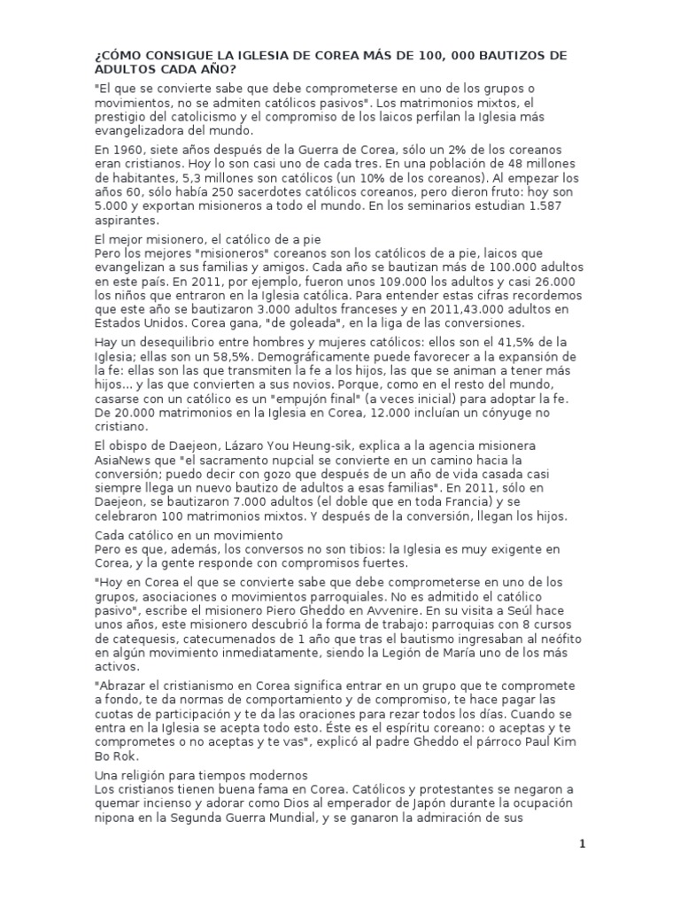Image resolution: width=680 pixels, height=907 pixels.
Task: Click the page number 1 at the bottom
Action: click(583, 844)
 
